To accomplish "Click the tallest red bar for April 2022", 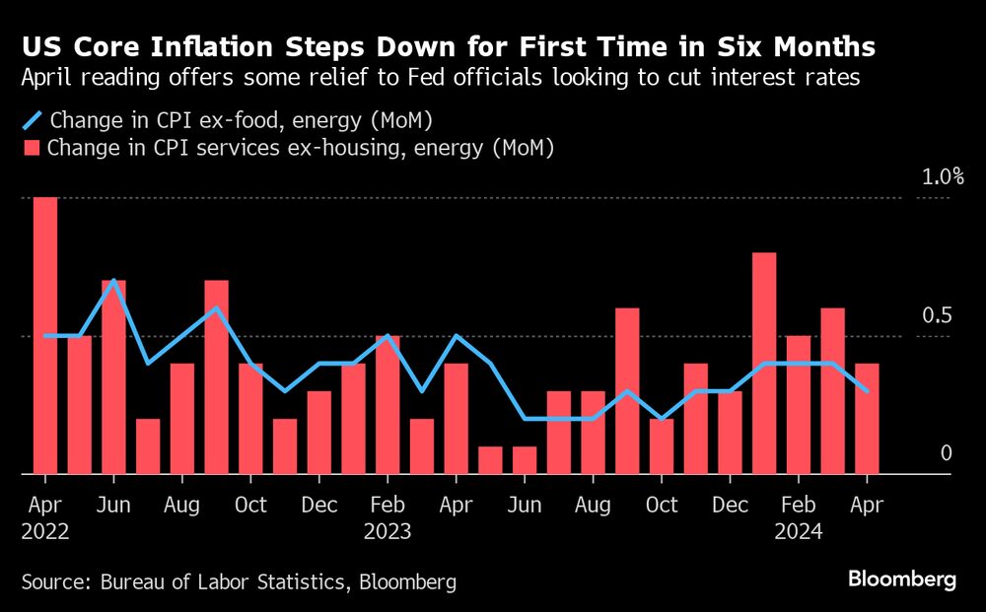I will [45, 335].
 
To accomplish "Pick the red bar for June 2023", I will [525, 460].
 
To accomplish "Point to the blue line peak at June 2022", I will [114, 281].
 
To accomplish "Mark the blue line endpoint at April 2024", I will [867, 391].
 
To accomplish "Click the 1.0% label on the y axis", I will [943, 177].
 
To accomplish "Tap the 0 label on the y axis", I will [947, 453].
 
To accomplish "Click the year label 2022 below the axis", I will [44, 531].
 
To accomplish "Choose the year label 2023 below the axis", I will [387, 531].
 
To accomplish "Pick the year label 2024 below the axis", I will [798, 531].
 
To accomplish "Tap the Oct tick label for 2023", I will [662, 505].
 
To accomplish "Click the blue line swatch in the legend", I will [32, 121].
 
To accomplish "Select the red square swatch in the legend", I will [31, 149].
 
